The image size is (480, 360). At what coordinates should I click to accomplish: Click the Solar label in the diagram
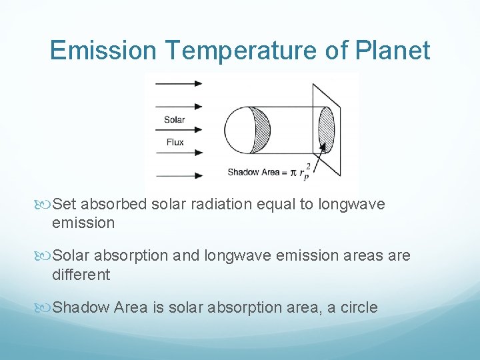(x=174, y=120)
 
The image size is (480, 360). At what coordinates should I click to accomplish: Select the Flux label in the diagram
(x=174, y=142)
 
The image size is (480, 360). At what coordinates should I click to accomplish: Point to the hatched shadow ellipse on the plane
(x=327, y=129)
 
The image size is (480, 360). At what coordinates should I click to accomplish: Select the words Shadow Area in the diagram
(x=253, y=172)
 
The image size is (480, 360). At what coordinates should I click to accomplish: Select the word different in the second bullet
(x=81, y=274)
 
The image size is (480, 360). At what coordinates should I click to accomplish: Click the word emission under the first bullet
(x=83, y=223)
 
